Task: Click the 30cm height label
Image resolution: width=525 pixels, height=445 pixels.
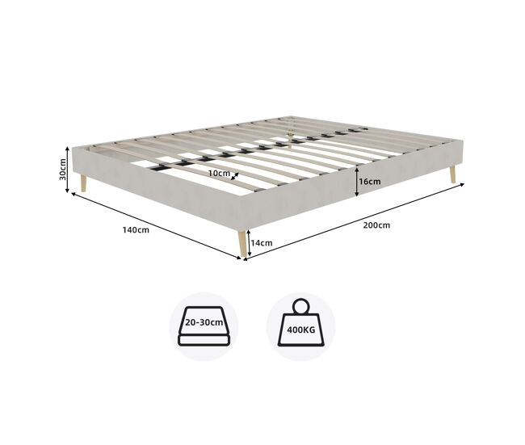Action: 62,169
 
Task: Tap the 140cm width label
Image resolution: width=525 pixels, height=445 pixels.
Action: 136,230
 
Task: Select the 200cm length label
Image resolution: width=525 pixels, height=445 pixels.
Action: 376,225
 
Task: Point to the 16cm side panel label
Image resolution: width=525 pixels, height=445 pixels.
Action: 370,182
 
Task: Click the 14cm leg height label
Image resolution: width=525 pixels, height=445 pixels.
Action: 262,243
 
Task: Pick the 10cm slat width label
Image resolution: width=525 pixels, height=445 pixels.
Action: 219,173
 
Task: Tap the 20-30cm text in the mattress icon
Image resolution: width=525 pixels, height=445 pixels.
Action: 204,322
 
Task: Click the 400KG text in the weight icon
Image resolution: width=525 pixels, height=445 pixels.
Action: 301,330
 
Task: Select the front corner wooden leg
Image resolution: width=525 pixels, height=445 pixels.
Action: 242,243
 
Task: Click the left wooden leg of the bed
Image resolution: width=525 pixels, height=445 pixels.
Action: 83,183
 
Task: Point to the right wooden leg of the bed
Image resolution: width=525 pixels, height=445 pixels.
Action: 452,175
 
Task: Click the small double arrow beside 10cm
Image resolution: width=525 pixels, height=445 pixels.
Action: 235,176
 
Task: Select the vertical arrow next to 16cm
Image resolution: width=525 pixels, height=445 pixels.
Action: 357,182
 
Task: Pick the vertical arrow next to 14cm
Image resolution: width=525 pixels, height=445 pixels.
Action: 249,243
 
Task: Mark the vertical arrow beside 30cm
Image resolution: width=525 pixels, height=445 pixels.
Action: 67,170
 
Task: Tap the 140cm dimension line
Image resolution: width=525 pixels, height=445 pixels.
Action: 156,225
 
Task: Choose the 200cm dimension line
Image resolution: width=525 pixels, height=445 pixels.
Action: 354,221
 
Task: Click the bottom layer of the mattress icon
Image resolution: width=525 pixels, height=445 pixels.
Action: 204,341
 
